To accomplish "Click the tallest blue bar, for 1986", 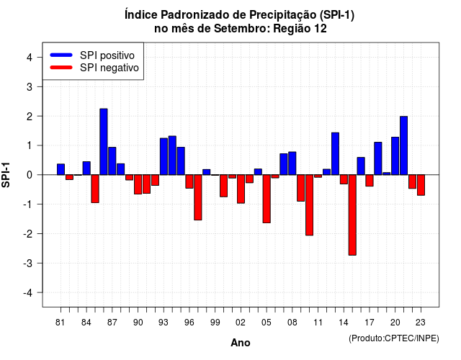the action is pyautogui.click(x=104, y=142).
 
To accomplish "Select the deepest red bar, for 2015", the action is pyautogui.click(x=352, y=215).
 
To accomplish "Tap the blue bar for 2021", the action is pyautogui.click(x=403, y=145).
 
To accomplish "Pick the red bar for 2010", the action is pyautogui.click(x=309, y=204).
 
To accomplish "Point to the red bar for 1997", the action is pyautogui.click(x=198, y=197).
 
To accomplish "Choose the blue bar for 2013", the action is pyautogui.click(x=335, y=153).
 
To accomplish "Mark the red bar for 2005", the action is pyautogui.click(x=267, y=199).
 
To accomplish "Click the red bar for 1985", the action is pyautogui.click(x=95, y=189).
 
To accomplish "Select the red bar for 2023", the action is pyautogui.click(x=421, y=185).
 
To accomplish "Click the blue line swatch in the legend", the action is pyautogui.click(x=61, y=55).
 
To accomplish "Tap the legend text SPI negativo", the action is pyautogui.click(x=109, y=68).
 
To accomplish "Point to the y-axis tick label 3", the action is pyautogui.click(x=30, y=86).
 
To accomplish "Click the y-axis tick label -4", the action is pyautogui.click(x=27, y=293).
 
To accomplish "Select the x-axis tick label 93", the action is pyautogui.click(x=164, y=323).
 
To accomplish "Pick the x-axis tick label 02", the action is pyautogui.click(x=241, y=323).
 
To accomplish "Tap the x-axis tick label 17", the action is pyautogui.click(x=370, y=323).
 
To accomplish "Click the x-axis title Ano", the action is pyautogui.click(x=241, y=343).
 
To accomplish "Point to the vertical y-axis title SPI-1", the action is pyautogui.click(x=6, y=175).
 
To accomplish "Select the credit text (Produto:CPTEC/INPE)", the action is pyautogui.click(x=394, y=338).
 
